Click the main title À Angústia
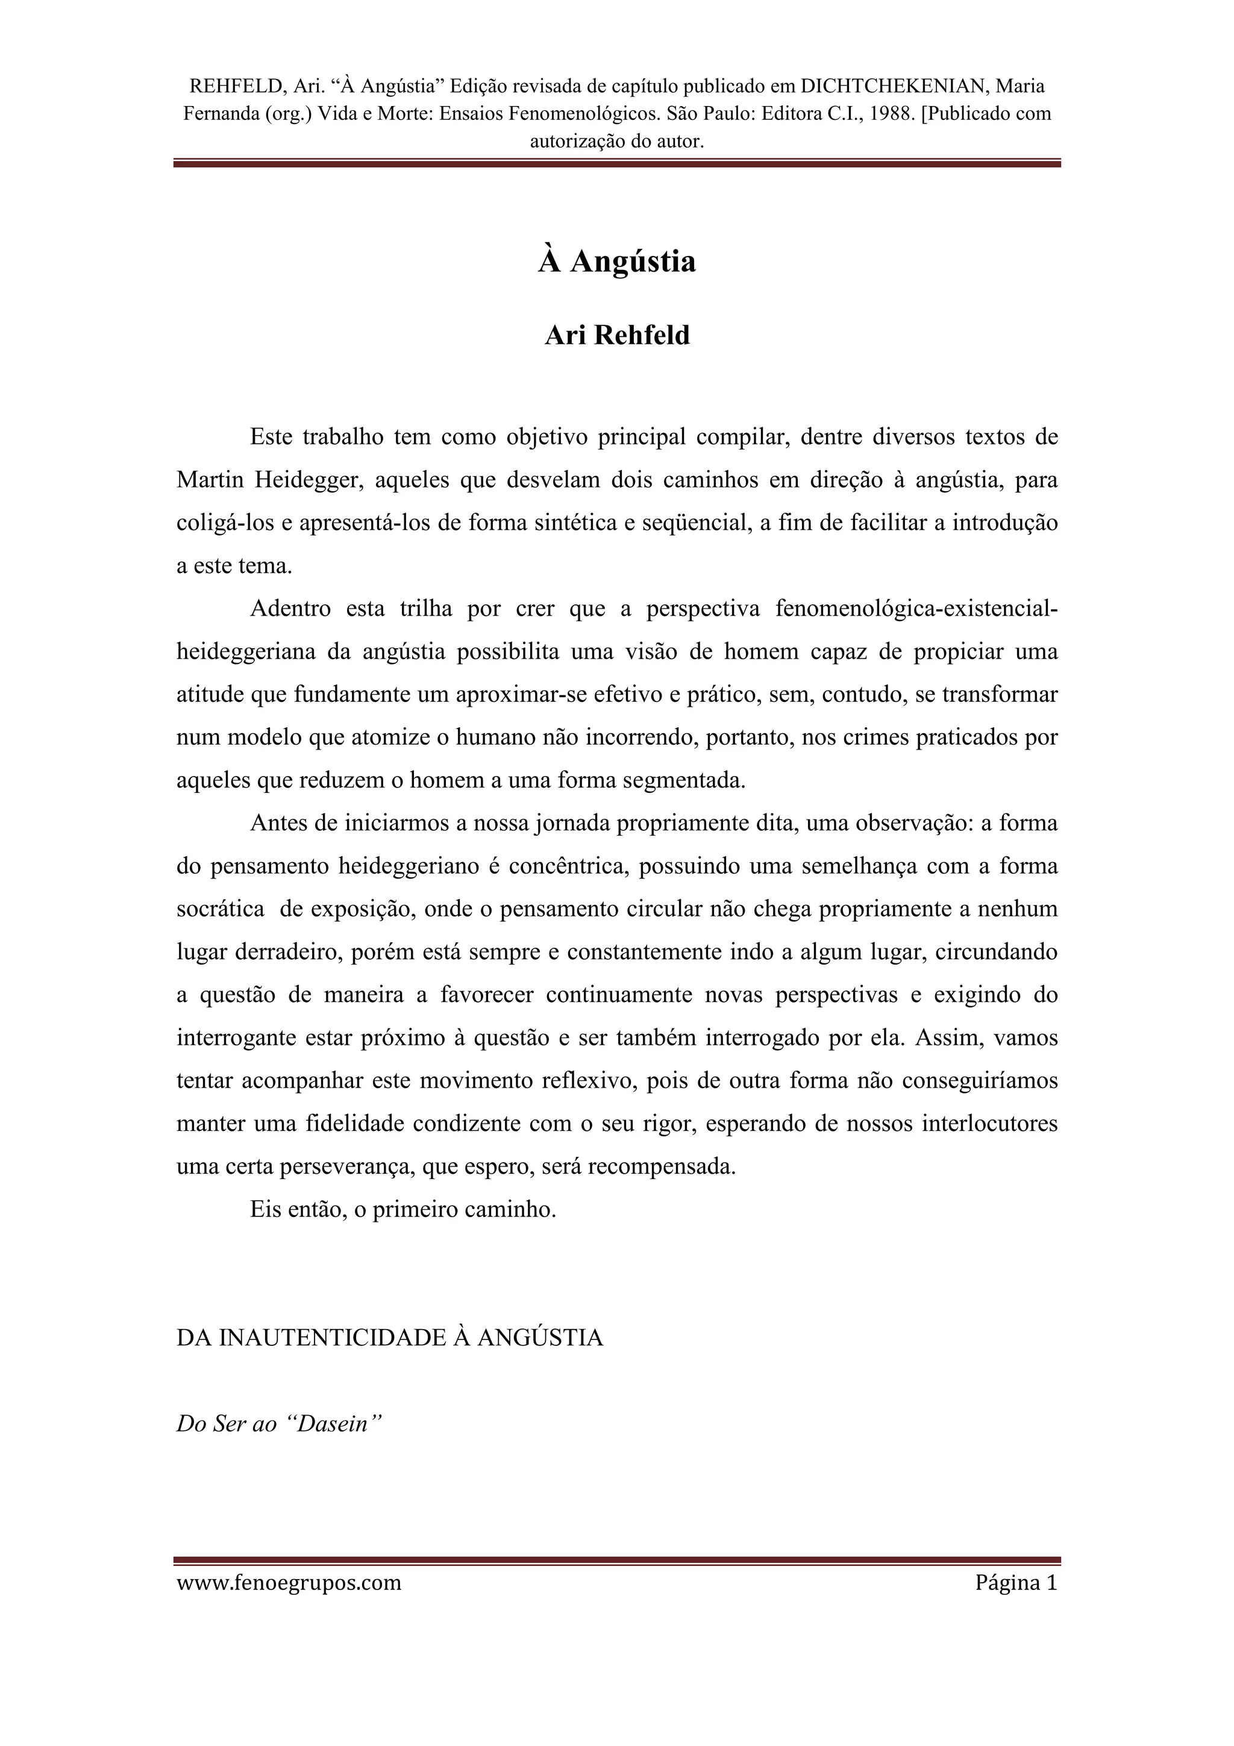click(616, 261)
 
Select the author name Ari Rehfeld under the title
click(616, 336)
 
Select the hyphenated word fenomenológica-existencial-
click(916, 609)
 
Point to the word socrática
click(221, 909)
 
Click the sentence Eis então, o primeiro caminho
click(403, 1209)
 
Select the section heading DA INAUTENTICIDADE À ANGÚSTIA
click(389, 1338)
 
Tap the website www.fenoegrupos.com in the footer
click(289, 1583)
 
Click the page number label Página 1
click(1016, 1583)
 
